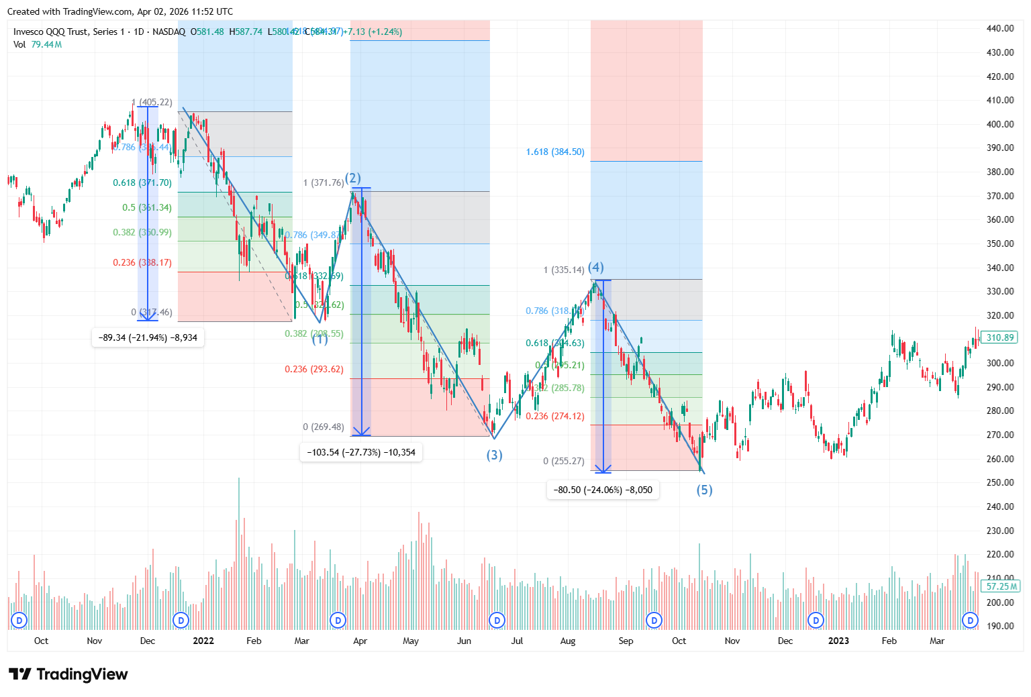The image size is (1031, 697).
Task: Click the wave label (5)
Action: coord(704,490)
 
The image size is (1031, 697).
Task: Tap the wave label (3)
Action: coord(495,455)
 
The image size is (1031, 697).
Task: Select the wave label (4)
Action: coord(596,267)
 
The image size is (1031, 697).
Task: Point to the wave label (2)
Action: coord(353,178)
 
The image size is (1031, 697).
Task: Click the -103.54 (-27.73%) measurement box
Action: coord(361,452)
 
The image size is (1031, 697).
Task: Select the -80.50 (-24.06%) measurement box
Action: coord(603,490)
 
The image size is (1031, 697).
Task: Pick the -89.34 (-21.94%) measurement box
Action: coord(148,337)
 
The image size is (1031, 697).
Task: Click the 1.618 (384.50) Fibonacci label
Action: coord(555,152)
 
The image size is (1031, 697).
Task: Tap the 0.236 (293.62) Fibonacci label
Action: coord(314,369)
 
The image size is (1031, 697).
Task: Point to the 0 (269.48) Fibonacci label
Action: coord(324,427)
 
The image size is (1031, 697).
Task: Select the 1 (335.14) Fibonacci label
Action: coord(564,270)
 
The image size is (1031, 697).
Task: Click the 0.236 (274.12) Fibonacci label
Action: coord(555,416)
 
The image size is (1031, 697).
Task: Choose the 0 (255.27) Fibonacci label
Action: coord(564,461)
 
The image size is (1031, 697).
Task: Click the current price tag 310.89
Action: coord(1000,337)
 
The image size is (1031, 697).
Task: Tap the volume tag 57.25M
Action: coord(1000,586)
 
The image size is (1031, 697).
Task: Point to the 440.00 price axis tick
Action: coord(1000,28)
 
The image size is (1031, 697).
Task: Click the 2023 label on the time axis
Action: coord(838,641)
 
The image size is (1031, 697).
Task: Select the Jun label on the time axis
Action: coord(464,641)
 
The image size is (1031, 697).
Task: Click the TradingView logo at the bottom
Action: coord(68,674)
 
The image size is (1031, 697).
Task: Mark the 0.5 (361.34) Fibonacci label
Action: coord(147,207)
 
